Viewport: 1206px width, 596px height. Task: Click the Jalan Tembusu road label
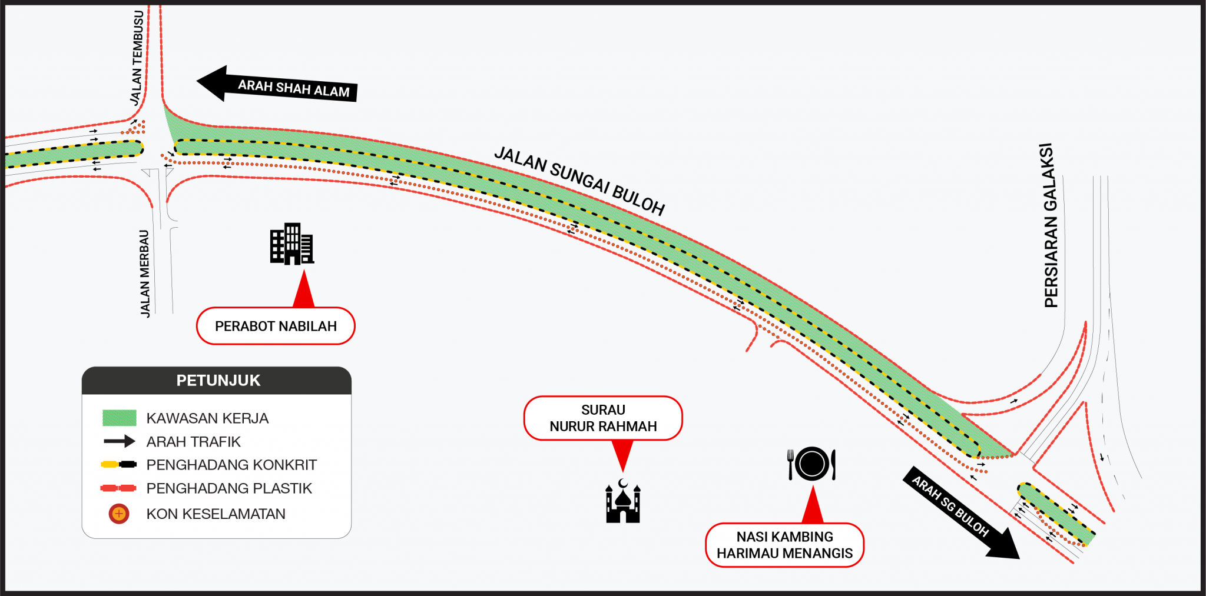tap(137, 58)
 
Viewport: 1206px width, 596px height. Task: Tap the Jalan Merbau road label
tap(145, 274)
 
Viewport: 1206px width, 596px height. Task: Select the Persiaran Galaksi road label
tap(1050, 225)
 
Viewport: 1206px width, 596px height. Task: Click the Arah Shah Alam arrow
tap(277, 85)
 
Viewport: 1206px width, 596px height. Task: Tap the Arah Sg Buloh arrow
tap(961, 512)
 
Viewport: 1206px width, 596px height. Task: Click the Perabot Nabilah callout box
tap(276, 326)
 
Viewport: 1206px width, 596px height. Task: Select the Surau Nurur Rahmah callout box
tap(603, 418)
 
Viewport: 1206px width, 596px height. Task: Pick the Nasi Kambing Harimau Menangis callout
tap(784, 545)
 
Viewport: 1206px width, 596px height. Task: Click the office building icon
tap(291, 244)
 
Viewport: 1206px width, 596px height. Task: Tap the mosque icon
tap(623, 501)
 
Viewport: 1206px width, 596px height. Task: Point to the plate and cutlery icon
tap(811, 464)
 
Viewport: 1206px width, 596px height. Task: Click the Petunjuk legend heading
tap(218, 381)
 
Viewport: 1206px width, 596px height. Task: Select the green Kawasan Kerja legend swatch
tap(120, 418)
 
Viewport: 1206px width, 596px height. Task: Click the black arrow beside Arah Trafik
tap(120, 441)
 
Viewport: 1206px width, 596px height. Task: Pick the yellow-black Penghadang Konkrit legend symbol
tap(119, 465)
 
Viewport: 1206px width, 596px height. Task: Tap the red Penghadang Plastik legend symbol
tap(118, 488)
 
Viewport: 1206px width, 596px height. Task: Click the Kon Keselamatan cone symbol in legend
tap(119, 514)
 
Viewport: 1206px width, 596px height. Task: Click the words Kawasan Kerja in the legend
tap(207, 418)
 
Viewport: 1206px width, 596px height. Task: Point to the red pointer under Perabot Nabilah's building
tap(304, 289)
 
